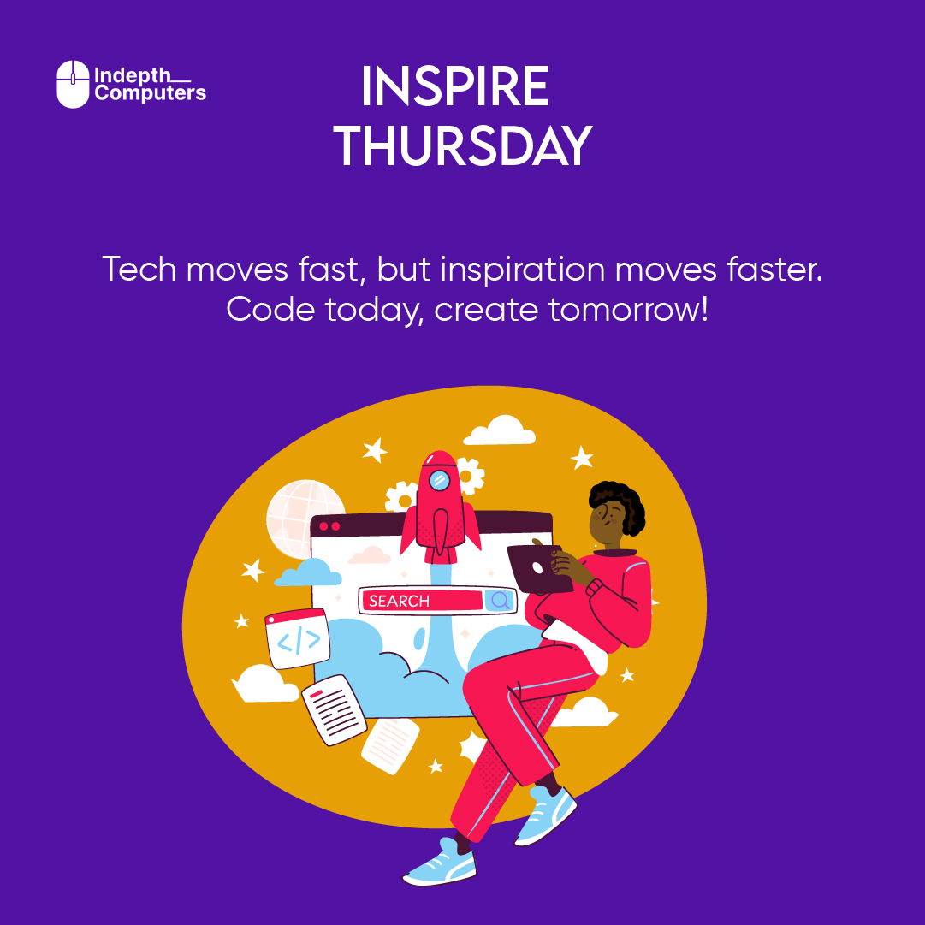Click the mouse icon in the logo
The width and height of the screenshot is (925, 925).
(73, 84)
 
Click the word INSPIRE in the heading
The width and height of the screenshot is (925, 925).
(454, 87)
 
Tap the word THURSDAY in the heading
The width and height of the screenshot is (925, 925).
(463, 145)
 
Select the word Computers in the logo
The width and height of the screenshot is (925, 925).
(151, 93)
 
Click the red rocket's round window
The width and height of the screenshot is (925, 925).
(440, 480)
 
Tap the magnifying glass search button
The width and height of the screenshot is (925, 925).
(501, 601)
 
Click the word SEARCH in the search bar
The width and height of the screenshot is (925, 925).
(400, 601)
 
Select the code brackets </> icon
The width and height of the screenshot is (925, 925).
(299, 640)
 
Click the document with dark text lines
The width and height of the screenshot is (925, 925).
(334, 709)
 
